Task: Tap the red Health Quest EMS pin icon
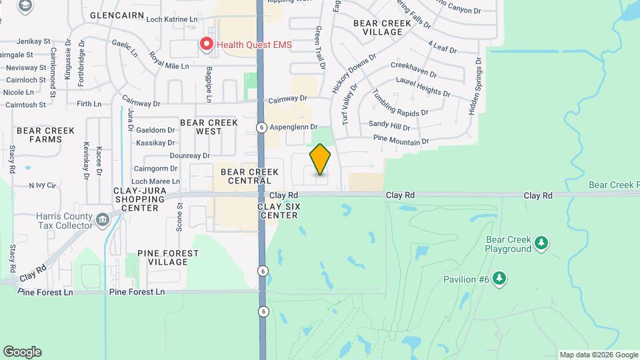click(x=207, y=45)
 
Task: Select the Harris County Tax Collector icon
click(x=102, y=219)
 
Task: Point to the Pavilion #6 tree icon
click(x=498, y=279)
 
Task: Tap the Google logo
click(x=22, y=352)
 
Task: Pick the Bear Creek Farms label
click(x=39, y=135)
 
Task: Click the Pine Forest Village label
click(x=167, y=257)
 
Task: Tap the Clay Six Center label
click(x=279, y=211)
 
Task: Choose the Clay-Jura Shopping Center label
click(x=136, y=199)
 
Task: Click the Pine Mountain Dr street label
click(x=401, y=141)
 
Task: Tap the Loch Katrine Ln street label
click(x=171, y=20)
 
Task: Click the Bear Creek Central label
click(x=246, y=176)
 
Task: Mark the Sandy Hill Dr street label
click(x=389, y=125)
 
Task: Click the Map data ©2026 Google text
click(x=599, y=355)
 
